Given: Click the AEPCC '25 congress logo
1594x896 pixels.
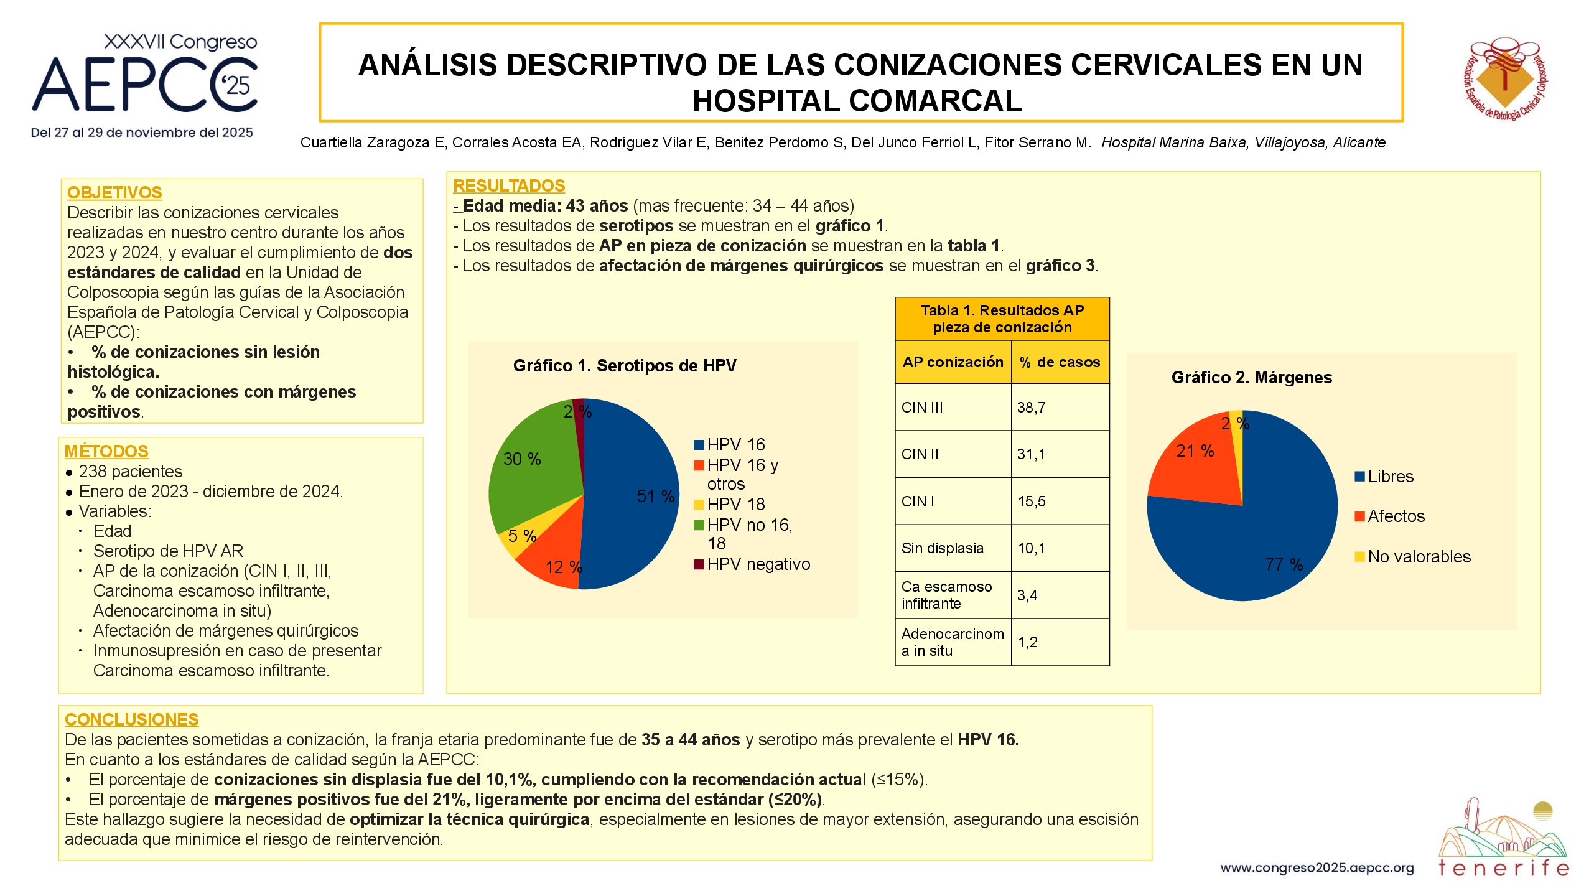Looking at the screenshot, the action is tap(144, 86).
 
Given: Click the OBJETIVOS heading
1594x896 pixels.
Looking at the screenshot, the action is tap(114, 193).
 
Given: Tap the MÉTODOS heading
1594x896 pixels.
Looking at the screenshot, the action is tap(106, 451).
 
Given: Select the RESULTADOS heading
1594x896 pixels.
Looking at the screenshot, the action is tap(509, 185).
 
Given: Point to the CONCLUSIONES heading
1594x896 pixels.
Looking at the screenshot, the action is tap(131, 719).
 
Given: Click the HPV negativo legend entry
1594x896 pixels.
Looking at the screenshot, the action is tap(752, 564).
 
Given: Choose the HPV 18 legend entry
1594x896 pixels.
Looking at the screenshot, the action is tap(729, 504).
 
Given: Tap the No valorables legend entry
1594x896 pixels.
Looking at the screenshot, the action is tap(1413, 556).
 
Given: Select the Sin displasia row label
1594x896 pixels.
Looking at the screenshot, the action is tap(943, 548).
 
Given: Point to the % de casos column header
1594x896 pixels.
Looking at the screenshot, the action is tap(1060, 362).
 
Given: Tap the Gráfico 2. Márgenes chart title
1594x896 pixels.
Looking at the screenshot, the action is tap(1252, 378).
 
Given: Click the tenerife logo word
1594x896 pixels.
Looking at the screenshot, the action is tap(1504, 868).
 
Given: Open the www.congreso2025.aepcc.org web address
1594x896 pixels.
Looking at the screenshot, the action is tap(1317, 868).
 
